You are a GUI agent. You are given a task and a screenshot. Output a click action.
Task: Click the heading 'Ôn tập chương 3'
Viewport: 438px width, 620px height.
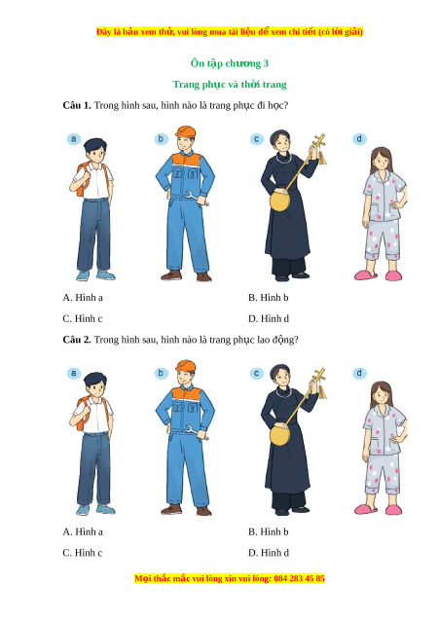(230, 63)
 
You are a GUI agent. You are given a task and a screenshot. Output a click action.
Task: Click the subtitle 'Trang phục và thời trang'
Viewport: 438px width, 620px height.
(230, 85)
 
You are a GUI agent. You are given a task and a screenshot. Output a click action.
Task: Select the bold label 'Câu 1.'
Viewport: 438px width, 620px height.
(77, 105)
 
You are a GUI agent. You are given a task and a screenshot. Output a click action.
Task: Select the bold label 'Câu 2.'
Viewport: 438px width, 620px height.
(77, 340)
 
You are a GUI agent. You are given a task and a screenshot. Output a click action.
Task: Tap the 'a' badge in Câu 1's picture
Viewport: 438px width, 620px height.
(74, 139)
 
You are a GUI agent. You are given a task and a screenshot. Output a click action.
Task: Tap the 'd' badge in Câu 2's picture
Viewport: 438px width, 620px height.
(359, 373)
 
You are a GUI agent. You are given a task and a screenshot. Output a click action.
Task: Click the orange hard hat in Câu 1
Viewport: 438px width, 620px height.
(186, 131)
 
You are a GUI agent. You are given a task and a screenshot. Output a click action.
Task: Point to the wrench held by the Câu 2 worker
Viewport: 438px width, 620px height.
(197, 432)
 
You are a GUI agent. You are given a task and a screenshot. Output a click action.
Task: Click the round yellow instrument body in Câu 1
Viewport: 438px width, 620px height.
(280, 201)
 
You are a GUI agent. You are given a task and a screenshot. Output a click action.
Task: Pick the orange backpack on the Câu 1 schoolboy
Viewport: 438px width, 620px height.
(82, 181)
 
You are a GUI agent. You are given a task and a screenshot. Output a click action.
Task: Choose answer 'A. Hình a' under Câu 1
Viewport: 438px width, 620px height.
(83, 298)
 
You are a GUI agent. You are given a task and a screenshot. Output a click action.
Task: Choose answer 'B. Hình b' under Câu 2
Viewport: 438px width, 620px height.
(269, 531)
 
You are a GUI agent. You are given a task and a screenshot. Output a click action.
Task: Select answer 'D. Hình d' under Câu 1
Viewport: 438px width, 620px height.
(269, 318)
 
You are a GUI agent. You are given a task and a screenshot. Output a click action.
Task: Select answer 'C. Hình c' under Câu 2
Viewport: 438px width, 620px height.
(82, 553)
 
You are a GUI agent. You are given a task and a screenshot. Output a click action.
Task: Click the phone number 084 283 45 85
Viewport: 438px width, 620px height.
(299, 578)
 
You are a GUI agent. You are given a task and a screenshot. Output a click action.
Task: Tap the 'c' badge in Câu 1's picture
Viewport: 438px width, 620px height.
(257, 139)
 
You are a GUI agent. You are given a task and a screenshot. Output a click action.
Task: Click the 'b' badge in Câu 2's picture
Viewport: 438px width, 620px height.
(161, 373)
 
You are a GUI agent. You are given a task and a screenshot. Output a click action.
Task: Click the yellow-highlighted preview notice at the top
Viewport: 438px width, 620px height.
(230, 31)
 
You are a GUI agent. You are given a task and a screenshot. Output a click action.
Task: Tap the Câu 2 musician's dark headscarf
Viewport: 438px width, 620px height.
(279, 371)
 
